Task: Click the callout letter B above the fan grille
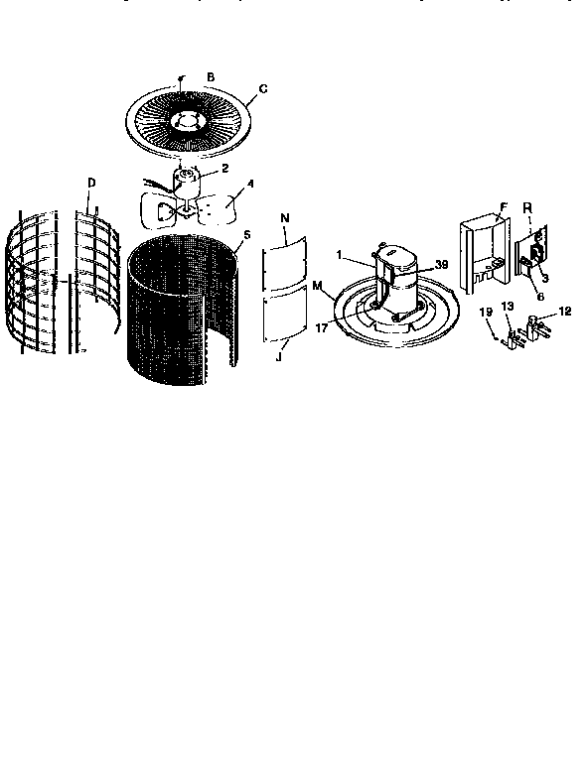(210, 76)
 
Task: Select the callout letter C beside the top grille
(262, 89)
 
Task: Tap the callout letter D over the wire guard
(91, 183)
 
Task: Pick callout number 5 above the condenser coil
(246, 235)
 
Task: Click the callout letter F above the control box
(504, 206)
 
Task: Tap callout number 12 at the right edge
(566, 312)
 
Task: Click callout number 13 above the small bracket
(509, 306)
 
